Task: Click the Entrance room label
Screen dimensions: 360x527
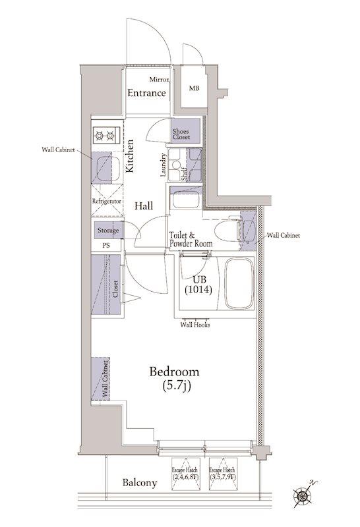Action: point(146,93)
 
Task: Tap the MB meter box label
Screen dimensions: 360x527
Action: point(194,88)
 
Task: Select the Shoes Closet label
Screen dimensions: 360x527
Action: point(181,134)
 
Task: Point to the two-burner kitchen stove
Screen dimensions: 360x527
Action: point(105,136)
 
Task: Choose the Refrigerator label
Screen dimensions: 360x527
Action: point(107,202)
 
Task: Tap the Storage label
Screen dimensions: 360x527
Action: point(108,231)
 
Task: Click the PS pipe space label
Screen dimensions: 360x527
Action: point(106,245)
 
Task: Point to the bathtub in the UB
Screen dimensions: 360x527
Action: point(239,283)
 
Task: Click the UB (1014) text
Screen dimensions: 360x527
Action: point(198,285)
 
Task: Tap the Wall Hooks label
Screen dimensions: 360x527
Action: point(195,325)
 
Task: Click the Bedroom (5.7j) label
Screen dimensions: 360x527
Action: point(174,379)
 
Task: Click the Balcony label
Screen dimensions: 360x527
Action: point(140,483)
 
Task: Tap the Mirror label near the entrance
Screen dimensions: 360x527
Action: point(159,80)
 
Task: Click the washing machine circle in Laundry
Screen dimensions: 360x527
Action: point(175,165)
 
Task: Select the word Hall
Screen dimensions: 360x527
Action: point(144,206)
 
